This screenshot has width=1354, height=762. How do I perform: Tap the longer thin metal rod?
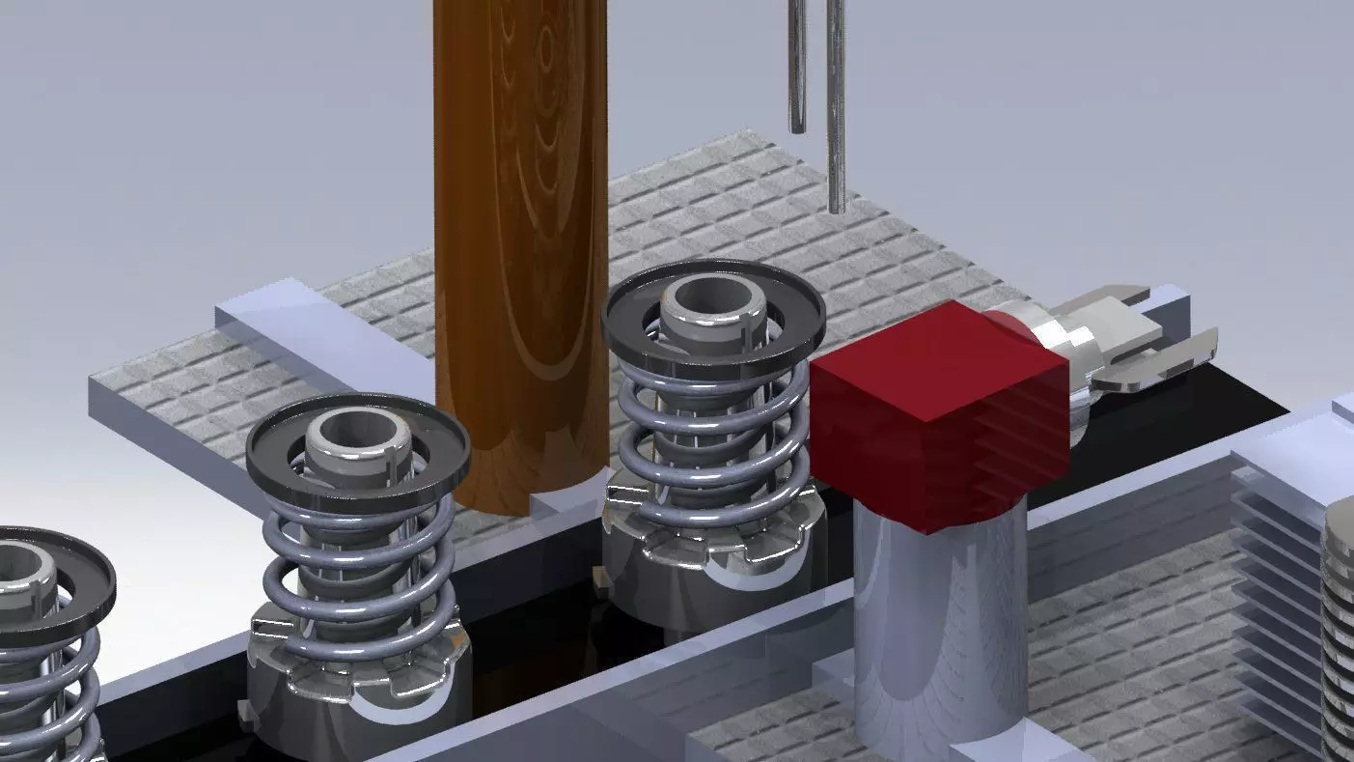pyautogui.click(x=836, y=106)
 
